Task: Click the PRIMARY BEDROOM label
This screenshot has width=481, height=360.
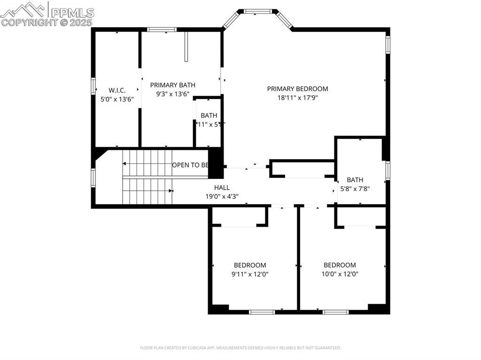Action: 297,89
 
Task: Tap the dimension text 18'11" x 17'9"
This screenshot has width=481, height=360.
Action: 297,98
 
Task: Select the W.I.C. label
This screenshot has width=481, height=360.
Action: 117,90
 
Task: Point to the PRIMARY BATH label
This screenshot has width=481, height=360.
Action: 172,85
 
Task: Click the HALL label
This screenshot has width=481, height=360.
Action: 222,187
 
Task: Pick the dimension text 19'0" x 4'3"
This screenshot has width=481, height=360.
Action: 222,197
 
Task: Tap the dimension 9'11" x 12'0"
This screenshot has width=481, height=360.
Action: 250,274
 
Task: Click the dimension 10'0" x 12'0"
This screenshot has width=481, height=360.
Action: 340,274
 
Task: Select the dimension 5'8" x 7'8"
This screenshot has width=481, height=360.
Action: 355,189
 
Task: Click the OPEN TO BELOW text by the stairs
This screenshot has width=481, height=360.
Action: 190,165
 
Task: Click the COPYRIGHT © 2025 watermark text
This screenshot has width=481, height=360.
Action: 47,22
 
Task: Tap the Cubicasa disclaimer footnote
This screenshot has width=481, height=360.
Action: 240,348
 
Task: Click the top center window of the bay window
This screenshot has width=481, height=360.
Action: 257,11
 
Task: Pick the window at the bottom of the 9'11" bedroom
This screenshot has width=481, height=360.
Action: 262,312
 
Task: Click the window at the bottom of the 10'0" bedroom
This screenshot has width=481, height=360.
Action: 335,312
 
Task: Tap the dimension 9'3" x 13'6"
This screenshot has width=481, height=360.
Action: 172,94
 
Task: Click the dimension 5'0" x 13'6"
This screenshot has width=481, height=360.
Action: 117,100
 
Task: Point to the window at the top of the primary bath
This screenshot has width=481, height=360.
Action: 162,30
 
